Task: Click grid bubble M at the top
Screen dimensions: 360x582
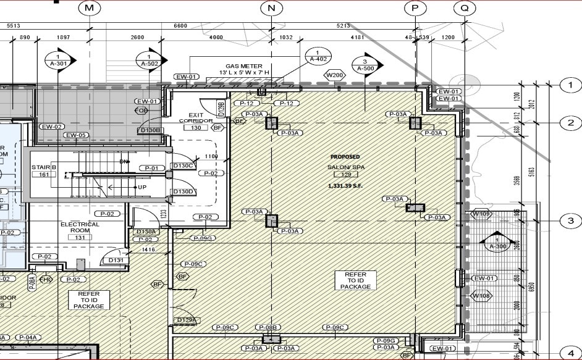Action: coord(90,8)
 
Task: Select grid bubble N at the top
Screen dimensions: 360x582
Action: coord(271,8)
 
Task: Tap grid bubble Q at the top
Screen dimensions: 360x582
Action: coord(464,8)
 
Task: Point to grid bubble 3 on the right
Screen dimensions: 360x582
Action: coord(570,221)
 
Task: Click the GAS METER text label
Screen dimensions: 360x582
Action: coord(243,66)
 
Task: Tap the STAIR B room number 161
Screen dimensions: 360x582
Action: coord(44,175)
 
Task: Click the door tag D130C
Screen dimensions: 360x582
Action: coord(183,165)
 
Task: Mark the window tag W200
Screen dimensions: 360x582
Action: coord(334,75)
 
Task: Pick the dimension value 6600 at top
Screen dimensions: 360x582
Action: coord(180,26)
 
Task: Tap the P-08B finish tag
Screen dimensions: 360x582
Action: coord(269,327)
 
